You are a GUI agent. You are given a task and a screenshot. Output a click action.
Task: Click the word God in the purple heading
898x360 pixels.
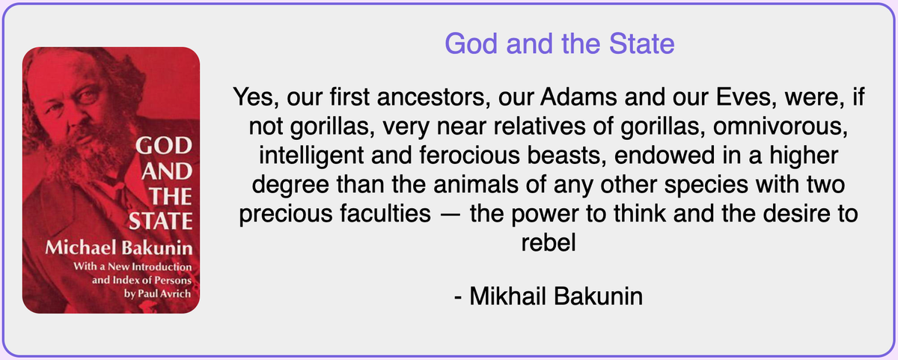point(471,43)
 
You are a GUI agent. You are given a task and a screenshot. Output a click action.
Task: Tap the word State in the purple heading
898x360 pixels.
point(642,43)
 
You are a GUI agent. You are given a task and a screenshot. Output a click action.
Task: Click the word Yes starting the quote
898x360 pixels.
point(256,97)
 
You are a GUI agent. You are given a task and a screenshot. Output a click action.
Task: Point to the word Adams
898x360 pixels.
point(578,97)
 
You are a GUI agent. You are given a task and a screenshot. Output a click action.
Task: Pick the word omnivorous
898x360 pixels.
point(780,126)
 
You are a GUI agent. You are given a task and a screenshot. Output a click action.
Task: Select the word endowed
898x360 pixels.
point(665,155)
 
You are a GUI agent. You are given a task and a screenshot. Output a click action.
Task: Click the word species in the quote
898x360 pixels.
point(706,185)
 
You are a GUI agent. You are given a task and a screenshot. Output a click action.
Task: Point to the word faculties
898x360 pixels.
point(385,213)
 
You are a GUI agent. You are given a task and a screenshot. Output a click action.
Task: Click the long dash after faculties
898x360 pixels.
point(450,215)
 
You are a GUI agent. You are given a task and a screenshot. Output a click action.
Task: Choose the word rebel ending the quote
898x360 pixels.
point(549,242)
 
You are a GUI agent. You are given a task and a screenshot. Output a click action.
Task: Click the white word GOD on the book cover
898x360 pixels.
point(164,145)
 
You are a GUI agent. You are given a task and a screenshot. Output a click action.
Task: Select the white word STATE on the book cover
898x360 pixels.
point(160,221)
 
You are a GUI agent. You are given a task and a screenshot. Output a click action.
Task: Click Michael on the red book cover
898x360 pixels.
point(80,248)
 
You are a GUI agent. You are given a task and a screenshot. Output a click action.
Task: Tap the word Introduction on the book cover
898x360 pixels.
point(162,267)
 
